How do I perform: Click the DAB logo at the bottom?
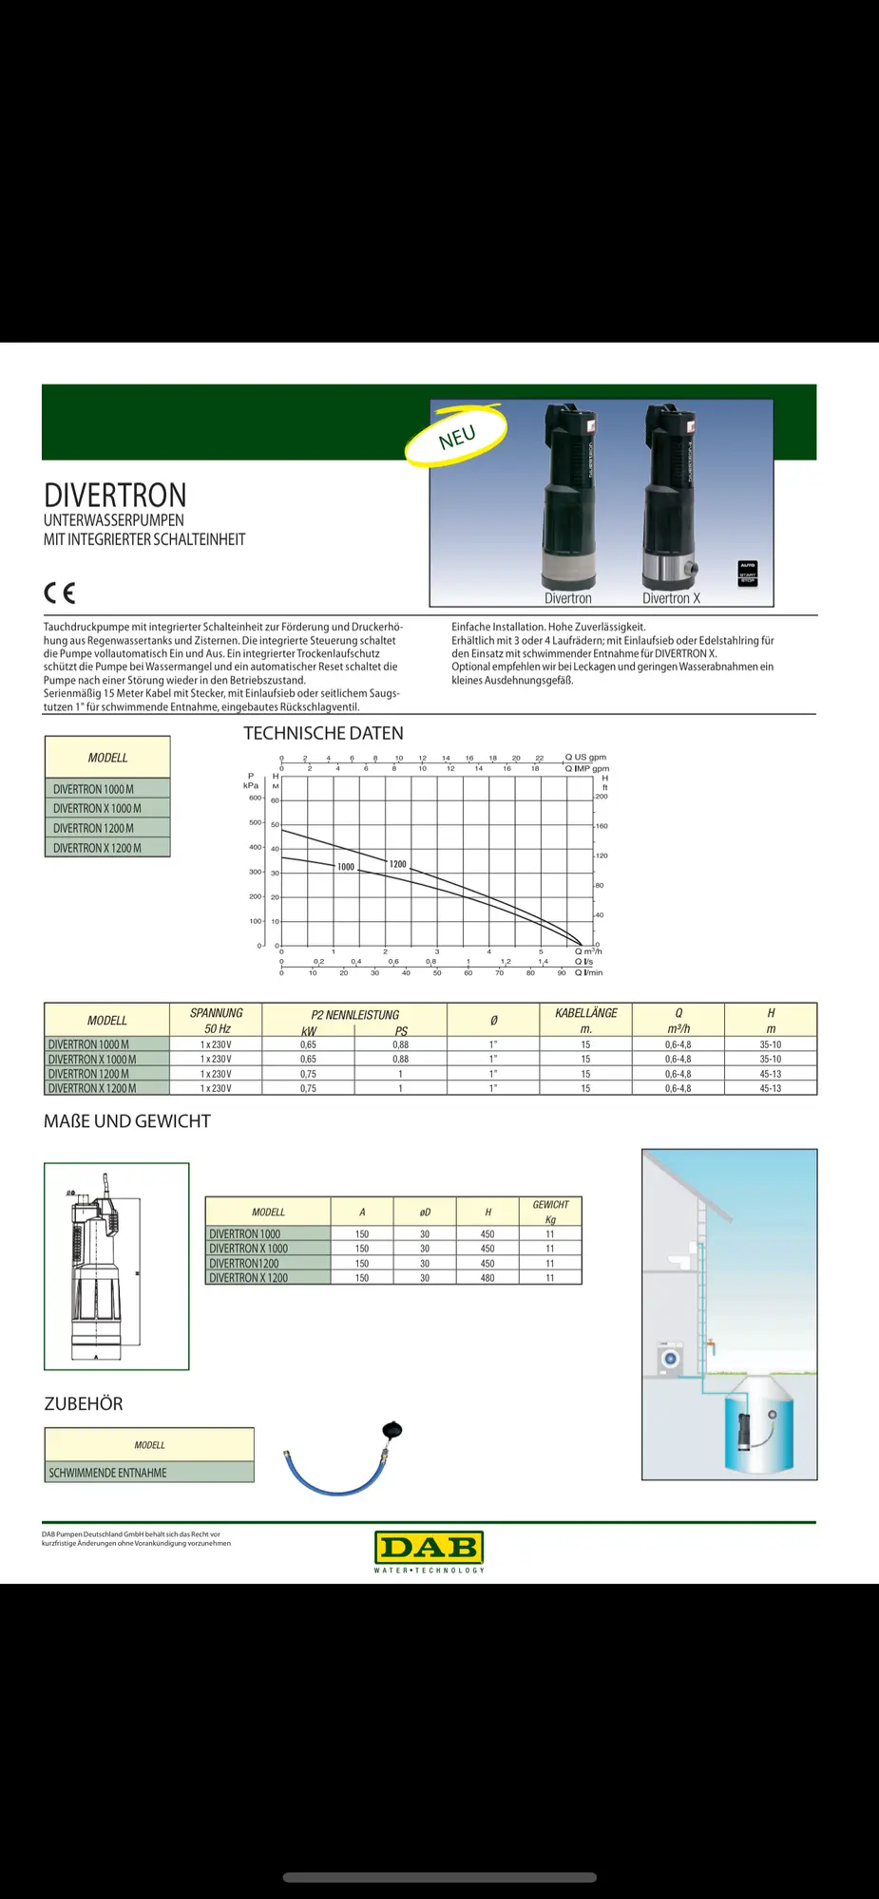point(430,1548)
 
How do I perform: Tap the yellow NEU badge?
point(457,437)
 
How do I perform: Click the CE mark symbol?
point(59,593)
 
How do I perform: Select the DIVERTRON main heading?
point(115,496)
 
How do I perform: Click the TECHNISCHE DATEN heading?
point(323,733)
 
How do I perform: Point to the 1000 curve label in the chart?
point(346,867)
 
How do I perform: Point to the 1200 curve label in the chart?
point(397,864)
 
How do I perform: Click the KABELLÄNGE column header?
point(585,1013)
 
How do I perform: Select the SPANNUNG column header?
point(216,1013)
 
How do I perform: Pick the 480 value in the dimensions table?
point(487,1278)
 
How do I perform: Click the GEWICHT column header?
point(550,1205)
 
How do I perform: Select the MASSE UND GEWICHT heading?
point(127,1121)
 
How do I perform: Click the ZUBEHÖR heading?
point(84,1403)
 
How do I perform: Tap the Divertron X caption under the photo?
point(671,598)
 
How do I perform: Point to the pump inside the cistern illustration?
point(744,1430)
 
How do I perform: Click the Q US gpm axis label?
point(584,758)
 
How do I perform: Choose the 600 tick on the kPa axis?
point(255,798)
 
